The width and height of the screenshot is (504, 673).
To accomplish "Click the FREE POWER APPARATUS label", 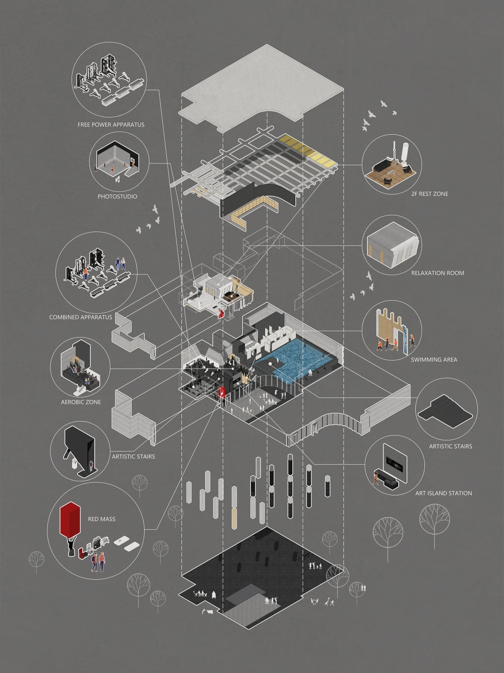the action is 111,125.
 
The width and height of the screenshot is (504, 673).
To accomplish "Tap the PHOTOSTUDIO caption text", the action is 117,197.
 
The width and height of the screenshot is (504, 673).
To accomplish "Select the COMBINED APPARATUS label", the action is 81,317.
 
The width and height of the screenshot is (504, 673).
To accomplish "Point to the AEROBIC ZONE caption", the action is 81,402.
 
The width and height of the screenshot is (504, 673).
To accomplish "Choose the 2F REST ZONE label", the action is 430,194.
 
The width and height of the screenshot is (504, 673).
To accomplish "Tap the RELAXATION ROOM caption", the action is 437,273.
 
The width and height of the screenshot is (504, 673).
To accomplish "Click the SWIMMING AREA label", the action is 434,360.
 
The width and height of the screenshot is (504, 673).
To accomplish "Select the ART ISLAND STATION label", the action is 444,493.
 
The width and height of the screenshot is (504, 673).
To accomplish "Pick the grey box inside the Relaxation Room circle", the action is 393,245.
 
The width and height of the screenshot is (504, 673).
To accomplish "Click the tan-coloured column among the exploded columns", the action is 234,519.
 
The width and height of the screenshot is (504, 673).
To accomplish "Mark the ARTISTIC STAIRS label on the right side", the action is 451,446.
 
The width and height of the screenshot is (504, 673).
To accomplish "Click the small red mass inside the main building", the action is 222,392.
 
